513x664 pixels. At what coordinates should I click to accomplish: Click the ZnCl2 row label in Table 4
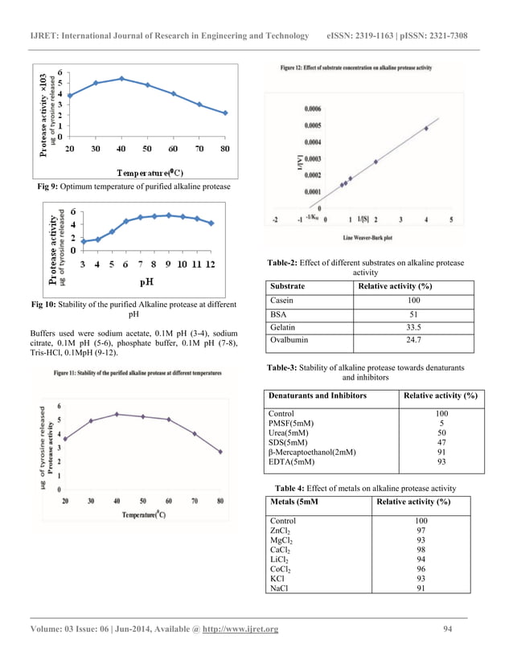[x=281, y=531]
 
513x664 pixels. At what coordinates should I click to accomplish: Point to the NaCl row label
[x=281, y=589]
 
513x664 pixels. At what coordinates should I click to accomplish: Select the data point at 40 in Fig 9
[x=121, y=78]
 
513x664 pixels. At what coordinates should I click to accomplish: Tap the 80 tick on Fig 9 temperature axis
[x=225, y=150]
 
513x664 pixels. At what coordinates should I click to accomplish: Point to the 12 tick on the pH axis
[x=211, y=264]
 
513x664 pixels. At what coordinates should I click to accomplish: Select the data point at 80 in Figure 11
[x=220, y=452]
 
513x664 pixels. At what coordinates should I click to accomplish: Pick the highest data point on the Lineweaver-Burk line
[x=426, y=128]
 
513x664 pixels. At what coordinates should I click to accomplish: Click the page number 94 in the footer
[x=449, y=629]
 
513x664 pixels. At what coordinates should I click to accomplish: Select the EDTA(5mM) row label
[x=290, y=461]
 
